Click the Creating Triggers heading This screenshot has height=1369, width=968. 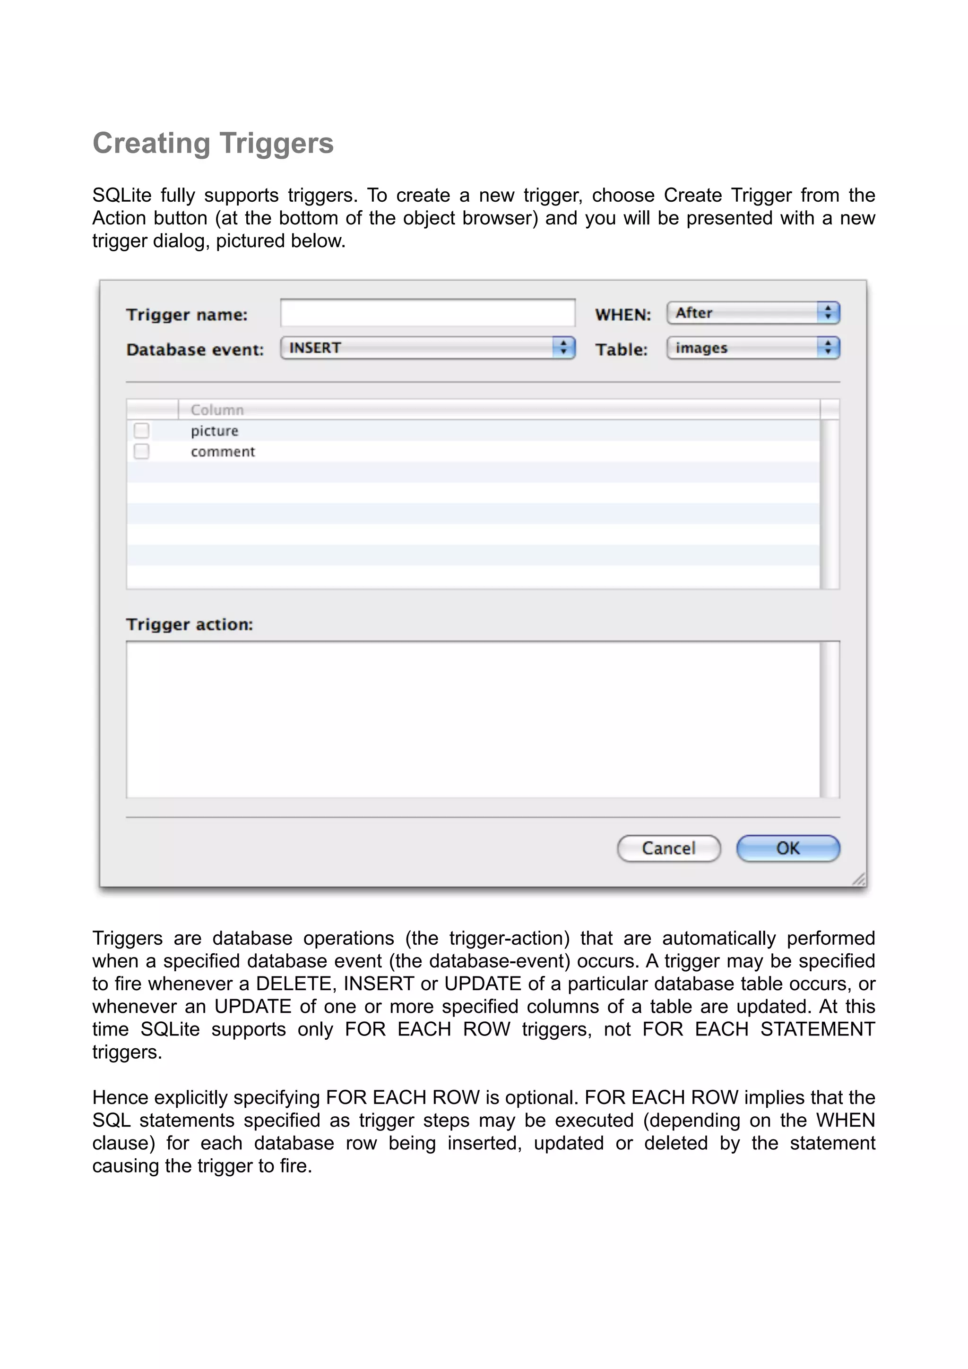point(213,144)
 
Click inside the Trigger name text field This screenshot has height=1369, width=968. point(428,313)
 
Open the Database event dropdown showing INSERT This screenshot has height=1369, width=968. point(428,348)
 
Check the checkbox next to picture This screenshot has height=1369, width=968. point(141,430)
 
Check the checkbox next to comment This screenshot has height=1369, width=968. point(141,451)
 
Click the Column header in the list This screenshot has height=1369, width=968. point(217,410)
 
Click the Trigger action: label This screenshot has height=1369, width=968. point(190,625)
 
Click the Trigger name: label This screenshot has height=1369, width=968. point(187,315)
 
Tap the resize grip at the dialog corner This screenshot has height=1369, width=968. point(859,879)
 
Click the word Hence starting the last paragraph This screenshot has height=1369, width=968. point(118,1097)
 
